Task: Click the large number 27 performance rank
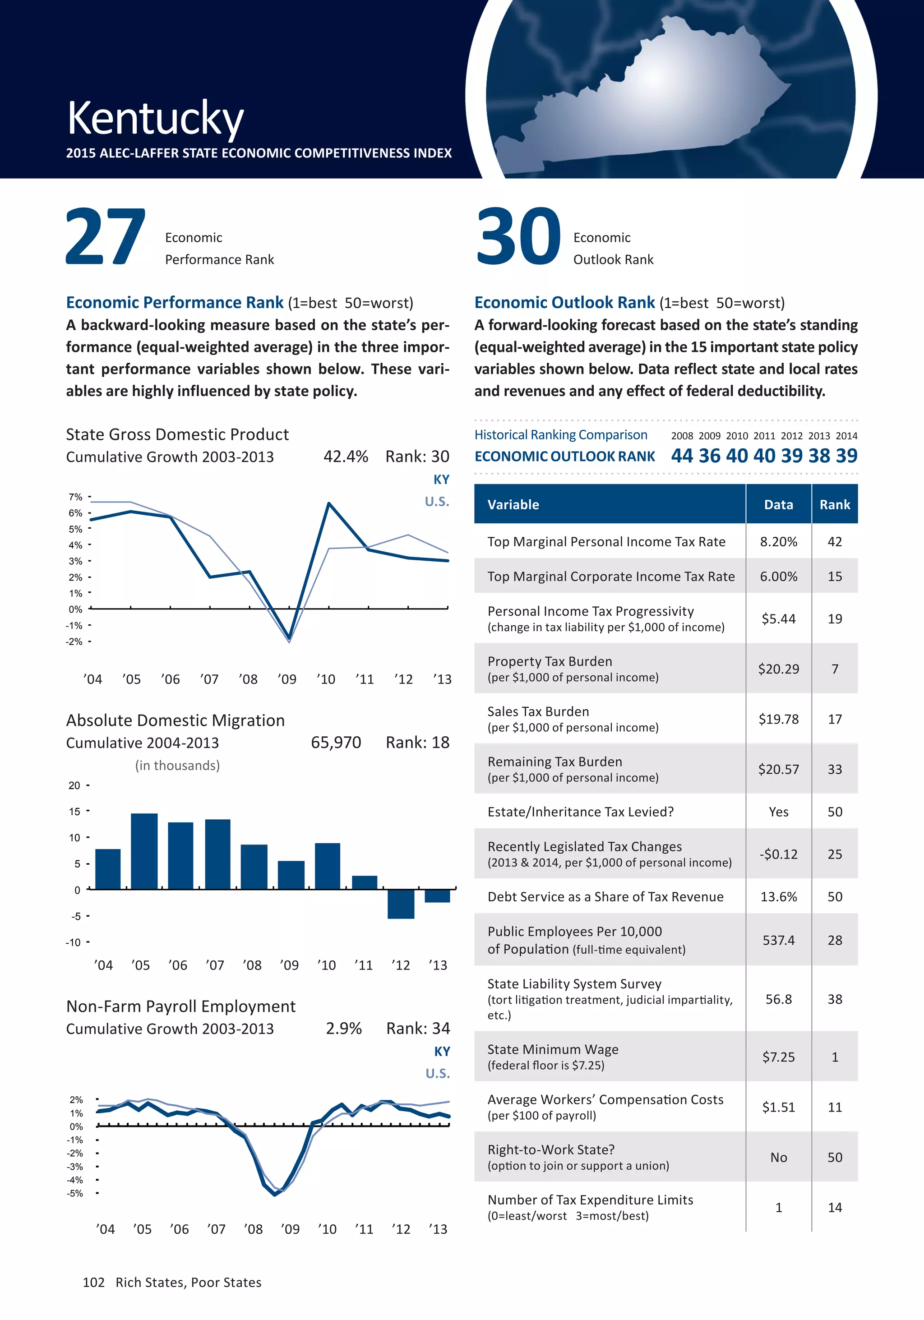pyautogui.click(x=105, y=237)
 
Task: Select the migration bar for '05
pyautogui.click(x=144, y=851)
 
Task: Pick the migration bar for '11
pyautogui.click(x=365, y=882)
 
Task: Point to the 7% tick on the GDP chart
pyautogui.click(x=75, y=497)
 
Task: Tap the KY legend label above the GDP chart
pyautogui.click(x=441, y=480)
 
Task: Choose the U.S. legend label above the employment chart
pyautogui.click(x=438, y=1073)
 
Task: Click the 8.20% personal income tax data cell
pyautogui.click(x=779, y=541)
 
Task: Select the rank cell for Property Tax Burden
pyautogui.click(x=834, y=669)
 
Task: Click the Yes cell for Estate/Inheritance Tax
pyautogui.click(x=779, y=812)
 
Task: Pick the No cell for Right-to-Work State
pyautogui.click(x=779, y=1157)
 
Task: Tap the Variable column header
pyautogui.click(x=513, y=505)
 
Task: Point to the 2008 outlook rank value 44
pyautogui.click(x=682, y=456)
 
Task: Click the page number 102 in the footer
pyautogui.click(x=94, y=1282)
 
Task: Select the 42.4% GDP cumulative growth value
pyautogui.click(x=346, y=457)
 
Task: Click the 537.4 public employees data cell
pyautogui.click(x=779, y=940)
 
